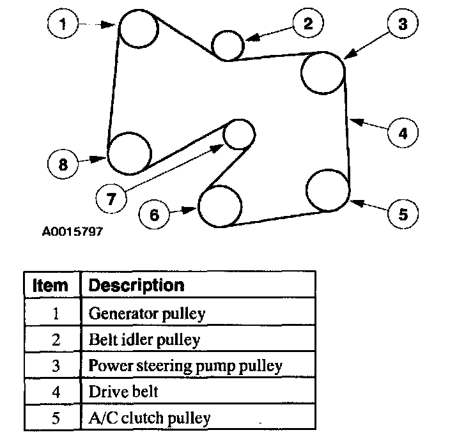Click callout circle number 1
(63, 26)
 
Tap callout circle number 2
(309, 24)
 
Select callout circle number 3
(403, 25)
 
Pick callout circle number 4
(403, 134)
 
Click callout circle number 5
(403, 213)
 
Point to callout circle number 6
(154, 214)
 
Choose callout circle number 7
(111, 199)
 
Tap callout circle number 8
(63, 164)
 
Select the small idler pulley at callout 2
(227, 45)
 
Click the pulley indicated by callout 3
(323, 72)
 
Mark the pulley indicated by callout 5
(328, 190)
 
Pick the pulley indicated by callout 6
(220, 206)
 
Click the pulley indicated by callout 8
(129, 153)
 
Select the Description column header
(136, 285)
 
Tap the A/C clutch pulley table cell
(150, 418)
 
